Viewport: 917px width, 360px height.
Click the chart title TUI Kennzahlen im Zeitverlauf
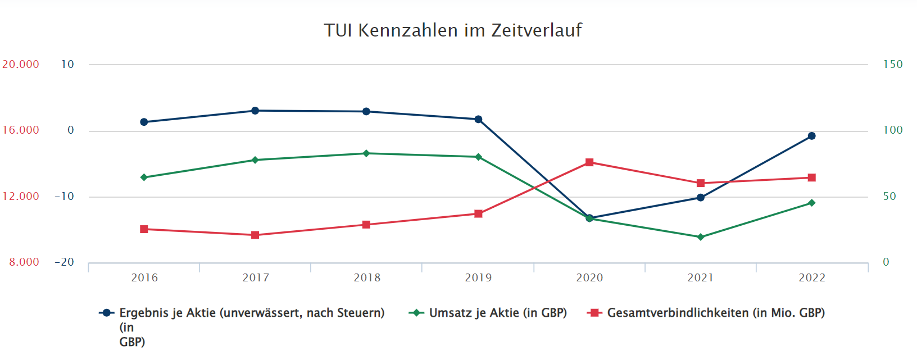(452, 30)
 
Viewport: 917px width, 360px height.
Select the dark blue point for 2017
(255, 111)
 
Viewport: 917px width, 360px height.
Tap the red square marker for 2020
(589, 162)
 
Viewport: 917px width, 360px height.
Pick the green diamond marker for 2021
(701, 237)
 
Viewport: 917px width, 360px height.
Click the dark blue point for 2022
(811, 136)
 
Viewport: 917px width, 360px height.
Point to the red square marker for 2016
(144, 229)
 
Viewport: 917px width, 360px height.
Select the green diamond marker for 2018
(366, 153)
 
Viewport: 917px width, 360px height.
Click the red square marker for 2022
(811, 177)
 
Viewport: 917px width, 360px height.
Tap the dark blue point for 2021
(701, 198)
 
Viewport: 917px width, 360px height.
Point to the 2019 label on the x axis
(478, 277)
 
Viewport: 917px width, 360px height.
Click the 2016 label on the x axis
(144, 277)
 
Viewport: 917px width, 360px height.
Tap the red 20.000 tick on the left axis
(21, 65)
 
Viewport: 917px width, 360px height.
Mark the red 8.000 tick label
(24, 262)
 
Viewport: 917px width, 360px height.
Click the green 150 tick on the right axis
(892, 65)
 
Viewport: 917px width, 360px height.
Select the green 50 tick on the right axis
(889, 197)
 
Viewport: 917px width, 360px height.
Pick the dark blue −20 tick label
(64, 262)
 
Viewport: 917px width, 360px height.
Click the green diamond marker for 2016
(144, 177)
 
